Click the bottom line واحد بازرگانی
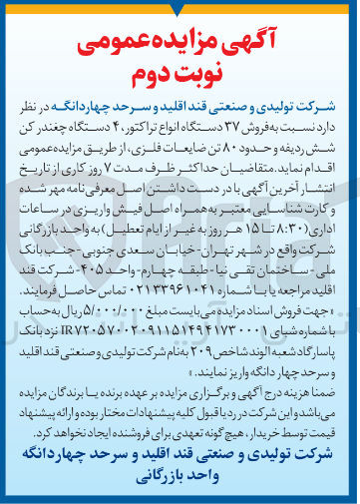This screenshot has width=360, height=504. click(x=180, y=480)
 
